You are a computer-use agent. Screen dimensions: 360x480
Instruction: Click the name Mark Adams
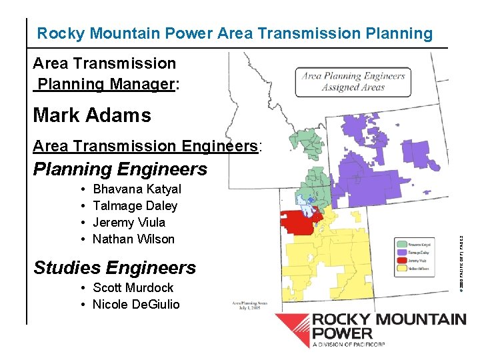click(92, 115)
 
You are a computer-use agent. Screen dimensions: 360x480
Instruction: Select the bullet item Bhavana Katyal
click(137, 189)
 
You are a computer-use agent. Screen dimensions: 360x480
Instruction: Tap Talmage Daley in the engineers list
click(135, 206)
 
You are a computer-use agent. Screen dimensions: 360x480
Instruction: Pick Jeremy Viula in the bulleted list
click(129, 223)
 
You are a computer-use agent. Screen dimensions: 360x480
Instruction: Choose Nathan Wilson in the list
click(133, 239)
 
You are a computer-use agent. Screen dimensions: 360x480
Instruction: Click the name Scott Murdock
click(133, 288)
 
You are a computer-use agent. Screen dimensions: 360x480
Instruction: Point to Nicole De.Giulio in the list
click(136, 305)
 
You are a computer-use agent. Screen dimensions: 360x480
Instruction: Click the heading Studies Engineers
click(114, 268)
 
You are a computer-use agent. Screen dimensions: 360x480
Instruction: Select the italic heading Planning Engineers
click(120, 169)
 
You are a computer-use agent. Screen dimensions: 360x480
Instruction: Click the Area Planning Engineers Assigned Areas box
click(353, 82)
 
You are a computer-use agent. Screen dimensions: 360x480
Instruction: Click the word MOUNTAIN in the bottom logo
click(420, 319)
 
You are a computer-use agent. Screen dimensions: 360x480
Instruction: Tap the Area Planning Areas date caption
click(250, 306)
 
